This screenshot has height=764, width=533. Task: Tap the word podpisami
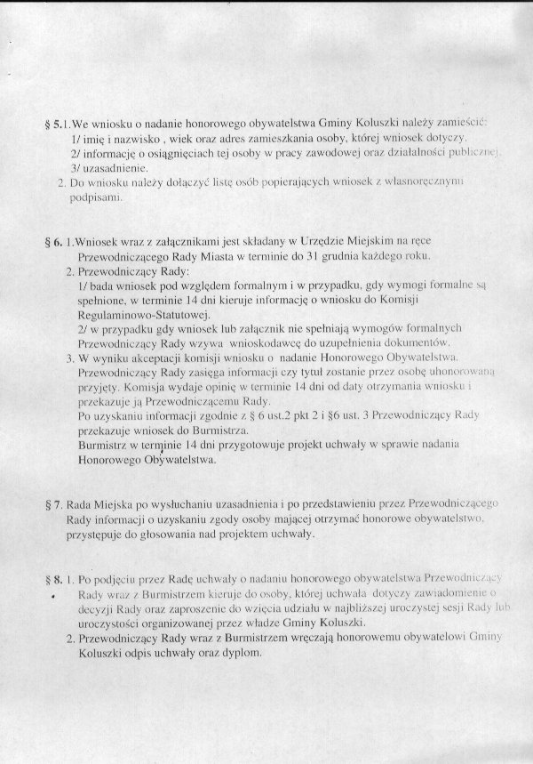[97, 197]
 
